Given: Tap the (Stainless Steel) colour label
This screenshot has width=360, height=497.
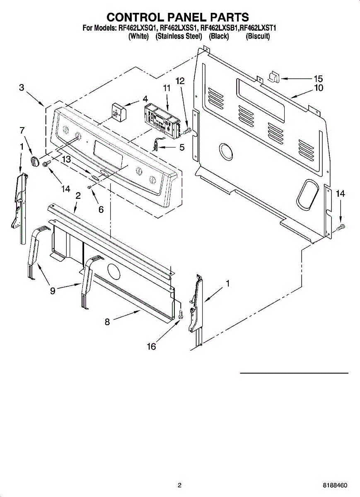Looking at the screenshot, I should [179, 36].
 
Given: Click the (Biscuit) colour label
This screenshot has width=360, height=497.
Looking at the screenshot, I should [258, 36].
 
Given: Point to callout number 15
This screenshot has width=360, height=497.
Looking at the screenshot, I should [318, 79].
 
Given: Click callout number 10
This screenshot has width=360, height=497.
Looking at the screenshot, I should [318, 88].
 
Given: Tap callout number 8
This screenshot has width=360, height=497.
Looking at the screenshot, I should [107, 321].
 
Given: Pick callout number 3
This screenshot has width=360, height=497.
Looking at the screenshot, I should [22, 88].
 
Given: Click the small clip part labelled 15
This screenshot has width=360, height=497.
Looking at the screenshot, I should [274, 77].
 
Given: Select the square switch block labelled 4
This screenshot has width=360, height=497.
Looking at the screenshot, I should [118, 111].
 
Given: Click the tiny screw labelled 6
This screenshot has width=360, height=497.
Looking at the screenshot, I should [89, 187].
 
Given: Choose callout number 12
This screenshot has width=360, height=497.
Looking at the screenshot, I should [180, 81].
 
